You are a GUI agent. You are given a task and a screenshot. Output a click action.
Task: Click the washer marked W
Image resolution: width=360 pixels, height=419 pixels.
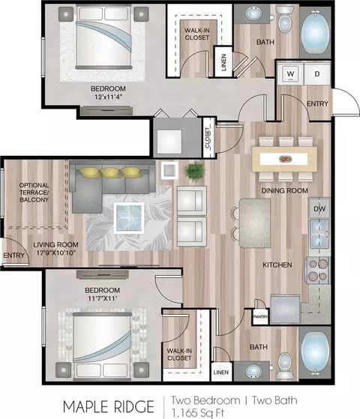[290, 73]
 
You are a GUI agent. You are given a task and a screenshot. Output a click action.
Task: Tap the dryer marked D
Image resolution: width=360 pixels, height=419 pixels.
[317, 73]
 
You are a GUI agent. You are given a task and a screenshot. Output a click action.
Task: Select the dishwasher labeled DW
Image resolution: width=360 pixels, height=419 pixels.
[319, 208]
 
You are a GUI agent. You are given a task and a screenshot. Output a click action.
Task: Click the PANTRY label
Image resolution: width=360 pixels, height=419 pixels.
[260, 316]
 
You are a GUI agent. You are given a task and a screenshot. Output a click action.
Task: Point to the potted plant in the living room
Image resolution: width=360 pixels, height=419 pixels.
[195, 172]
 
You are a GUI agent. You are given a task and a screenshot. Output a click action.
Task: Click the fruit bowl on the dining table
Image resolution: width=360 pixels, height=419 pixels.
[285, 159]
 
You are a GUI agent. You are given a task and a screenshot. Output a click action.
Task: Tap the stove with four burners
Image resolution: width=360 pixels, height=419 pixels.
[318, 270]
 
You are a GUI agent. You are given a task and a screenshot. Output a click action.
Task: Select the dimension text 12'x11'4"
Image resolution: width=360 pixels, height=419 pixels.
[108, 97]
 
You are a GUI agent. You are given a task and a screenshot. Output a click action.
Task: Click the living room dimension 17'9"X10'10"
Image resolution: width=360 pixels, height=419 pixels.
[56, 253]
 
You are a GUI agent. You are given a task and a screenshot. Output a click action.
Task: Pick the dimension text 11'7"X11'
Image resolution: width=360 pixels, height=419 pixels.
[103, 298]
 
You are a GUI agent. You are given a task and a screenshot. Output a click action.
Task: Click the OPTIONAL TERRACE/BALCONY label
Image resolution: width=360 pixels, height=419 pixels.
[34, 193]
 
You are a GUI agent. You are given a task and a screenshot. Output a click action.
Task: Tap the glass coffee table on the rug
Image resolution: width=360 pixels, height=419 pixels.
[129, 218]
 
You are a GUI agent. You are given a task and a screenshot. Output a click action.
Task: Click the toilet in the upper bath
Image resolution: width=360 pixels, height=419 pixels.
[285, 19]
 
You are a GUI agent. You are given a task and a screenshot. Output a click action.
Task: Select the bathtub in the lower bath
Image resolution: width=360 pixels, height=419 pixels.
[315, 352]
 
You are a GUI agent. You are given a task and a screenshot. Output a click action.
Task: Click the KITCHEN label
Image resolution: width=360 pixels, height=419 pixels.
[277, 265]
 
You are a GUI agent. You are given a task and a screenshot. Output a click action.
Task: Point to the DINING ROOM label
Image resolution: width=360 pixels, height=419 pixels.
[284, 190]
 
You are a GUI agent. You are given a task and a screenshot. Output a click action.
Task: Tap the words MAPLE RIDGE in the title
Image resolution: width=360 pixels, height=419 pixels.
[108, 407]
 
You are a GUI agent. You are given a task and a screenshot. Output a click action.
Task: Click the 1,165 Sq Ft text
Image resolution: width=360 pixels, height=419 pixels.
[198, 413]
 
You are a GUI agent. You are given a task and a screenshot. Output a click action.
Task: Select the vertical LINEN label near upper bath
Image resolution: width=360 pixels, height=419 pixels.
[223, 62]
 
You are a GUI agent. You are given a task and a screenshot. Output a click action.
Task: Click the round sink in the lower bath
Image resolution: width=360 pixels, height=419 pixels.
[252, 371]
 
